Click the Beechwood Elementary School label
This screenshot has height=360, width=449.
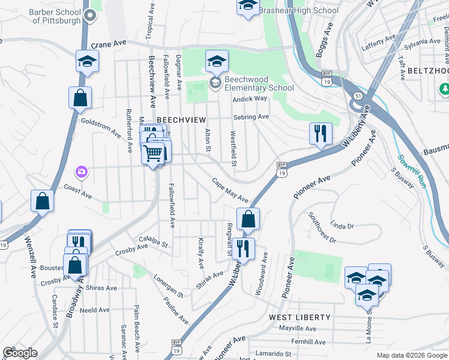click(259, 83)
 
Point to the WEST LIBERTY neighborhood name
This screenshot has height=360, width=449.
click(300, 317)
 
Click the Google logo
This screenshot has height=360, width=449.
click(20, 353)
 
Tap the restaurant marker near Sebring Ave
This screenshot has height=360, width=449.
click(321, 133)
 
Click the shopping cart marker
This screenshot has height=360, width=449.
click(153, 154)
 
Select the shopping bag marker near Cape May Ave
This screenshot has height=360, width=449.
click(248, 220)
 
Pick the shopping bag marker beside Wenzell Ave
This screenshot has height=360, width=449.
click(43, 202)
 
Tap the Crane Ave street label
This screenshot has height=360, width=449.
click(109, 44)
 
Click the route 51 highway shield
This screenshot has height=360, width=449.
click(358, 95)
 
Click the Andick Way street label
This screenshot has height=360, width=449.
click(250, 99)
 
